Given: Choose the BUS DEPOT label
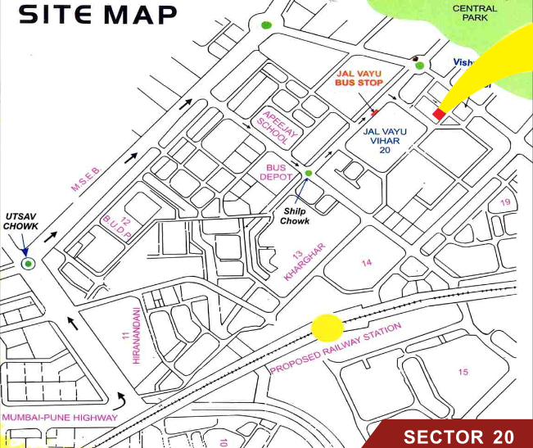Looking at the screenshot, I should (275, 173).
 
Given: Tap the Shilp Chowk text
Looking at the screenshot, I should (294, 216).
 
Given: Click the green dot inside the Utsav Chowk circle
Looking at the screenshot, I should (29, 263).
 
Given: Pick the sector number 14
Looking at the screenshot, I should (366, 262).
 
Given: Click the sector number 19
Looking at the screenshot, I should (505, 203).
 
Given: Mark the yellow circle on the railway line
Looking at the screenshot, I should (327, 328).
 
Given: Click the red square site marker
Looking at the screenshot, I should (439, 114).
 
